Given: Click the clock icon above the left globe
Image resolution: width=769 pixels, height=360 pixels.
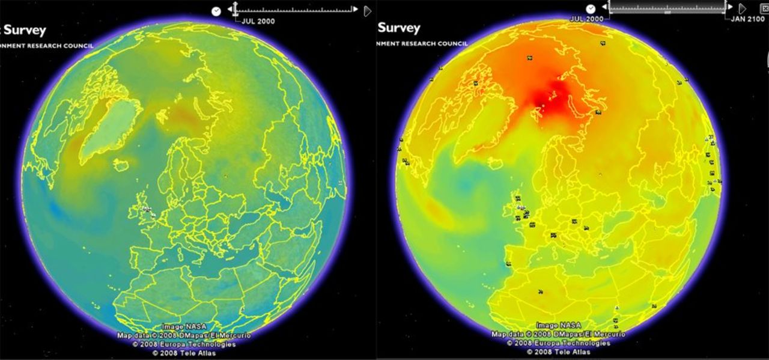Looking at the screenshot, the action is tap(216, 11).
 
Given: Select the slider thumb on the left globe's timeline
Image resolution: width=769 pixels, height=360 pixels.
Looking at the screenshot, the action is tap(236, 9).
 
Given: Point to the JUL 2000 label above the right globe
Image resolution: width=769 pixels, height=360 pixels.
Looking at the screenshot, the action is tap(586, 19).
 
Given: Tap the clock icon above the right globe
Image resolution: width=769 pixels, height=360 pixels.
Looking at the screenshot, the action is tap(591, 8).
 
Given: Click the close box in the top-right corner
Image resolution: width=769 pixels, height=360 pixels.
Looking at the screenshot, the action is tap(765, 8).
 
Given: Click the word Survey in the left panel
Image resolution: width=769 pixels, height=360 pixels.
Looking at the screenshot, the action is tap(25, 30).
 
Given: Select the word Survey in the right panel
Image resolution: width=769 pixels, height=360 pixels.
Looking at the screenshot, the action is tap(399, 28).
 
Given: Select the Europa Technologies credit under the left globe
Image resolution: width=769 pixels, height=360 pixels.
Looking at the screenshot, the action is tap(184, 344).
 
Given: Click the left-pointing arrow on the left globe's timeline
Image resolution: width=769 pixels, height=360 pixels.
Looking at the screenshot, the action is tap(229, 10).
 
